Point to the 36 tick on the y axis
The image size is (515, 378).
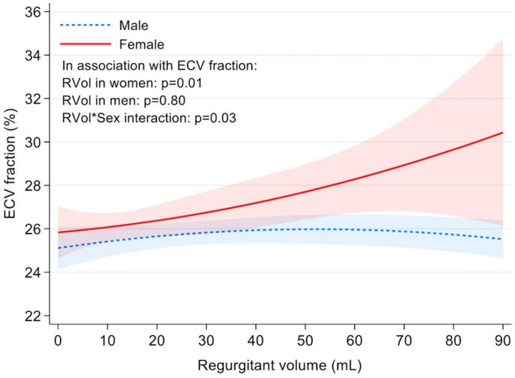pos(33,12)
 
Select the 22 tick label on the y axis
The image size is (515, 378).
pos(33,316)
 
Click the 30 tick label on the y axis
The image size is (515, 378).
pos(33,142)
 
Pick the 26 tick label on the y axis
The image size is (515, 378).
pos(33,228)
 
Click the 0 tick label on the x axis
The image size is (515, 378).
pos(58,340)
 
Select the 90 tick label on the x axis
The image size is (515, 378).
pos(501,340)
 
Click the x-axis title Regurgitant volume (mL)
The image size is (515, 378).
pos(280,366)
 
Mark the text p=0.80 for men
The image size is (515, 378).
pos(164,100)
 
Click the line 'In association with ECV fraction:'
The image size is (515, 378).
pos(159,66)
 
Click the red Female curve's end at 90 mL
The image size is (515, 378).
pos(501,133)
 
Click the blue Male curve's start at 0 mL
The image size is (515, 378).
pos(58,248)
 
